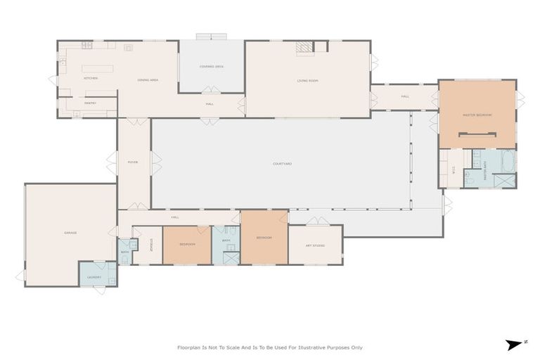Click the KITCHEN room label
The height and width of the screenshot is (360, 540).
click(x=91, y=78)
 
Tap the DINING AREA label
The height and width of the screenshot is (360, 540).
click(x=148, y=80)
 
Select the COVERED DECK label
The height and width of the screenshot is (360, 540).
click(x=211, y=66)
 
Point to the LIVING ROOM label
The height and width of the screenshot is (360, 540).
click(x=308, y=81)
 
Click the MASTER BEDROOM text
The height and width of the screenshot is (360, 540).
click(x=477, y=115)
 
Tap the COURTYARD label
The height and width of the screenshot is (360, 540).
click(x=283, y=163)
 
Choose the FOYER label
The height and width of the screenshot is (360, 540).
click(x=133, y=162)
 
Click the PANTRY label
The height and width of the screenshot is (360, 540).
click(x=90, y=103)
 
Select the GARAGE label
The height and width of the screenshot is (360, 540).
click(x=70, y=233)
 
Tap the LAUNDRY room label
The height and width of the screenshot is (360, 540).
click(x=95, y=277)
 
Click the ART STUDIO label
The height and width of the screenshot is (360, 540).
click(x=314, y=245)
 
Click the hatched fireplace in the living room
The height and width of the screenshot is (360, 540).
click(x=304, y=47)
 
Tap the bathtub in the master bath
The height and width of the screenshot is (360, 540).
click(x=508, y=161)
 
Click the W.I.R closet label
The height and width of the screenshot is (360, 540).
click(x=454, y=168)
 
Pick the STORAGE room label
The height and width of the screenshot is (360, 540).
click(x=151, y=245)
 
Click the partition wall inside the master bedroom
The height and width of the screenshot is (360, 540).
click(x=477, y=134)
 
